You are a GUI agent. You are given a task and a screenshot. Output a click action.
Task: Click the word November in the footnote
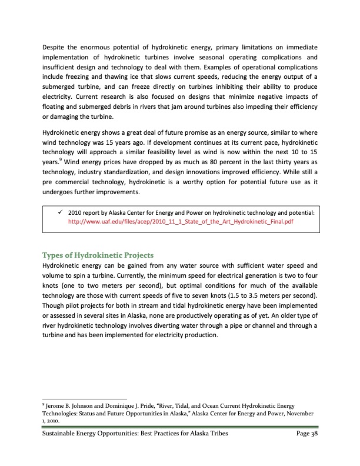(x=302, y=414)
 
